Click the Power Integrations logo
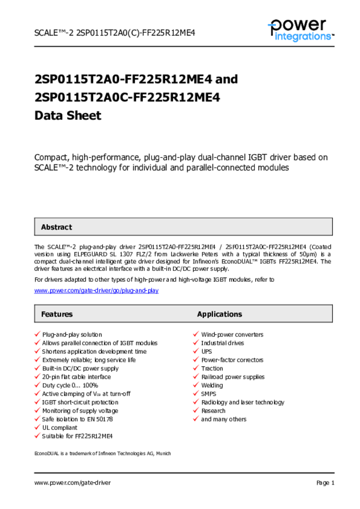(300, 30)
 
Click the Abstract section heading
(56, 227)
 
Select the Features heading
(57, 314)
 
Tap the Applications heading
(219, 314)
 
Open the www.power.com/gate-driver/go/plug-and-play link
(96, 290)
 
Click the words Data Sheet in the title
(68, 116)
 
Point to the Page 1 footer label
(325, 483)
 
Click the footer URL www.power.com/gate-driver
(73, 483)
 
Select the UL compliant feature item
(60, 427)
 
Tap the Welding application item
(212, 385)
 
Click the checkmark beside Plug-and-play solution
(37, 335)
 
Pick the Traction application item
(212, 368)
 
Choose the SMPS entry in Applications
(209, 394)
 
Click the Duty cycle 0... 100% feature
(70, 385)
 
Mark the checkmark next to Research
(196, 411)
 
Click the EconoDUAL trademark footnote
(102, 453)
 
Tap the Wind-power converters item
(232, 335)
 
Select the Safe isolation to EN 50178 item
(78, 419)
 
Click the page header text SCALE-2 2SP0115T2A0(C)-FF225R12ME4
(114, 33)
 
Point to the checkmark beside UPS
(196, 351)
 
